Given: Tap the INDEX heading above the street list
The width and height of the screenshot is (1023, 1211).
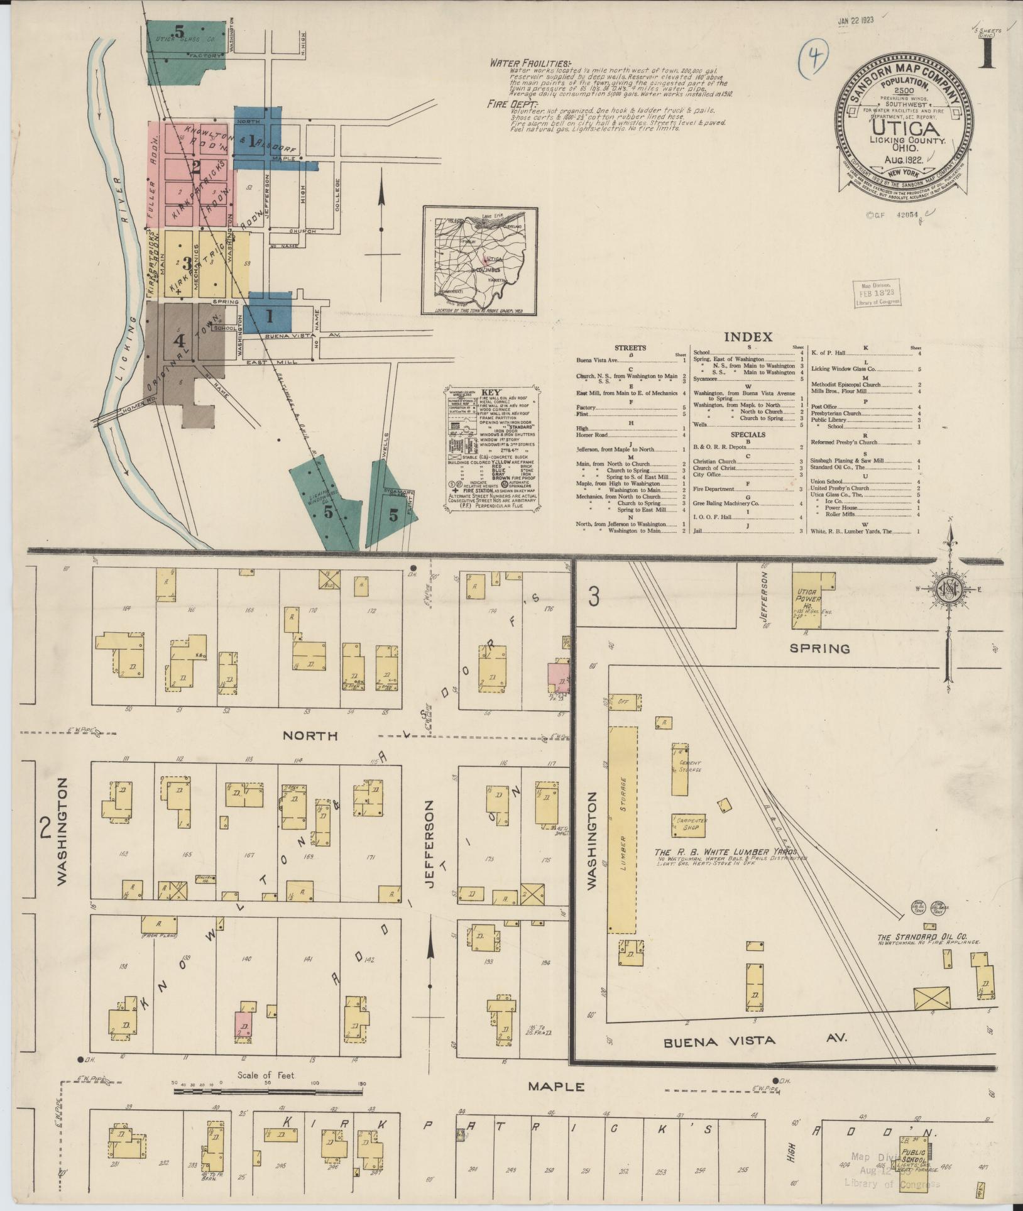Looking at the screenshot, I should click(x=748, y=337).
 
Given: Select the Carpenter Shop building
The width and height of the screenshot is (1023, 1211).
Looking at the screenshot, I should click(x=690, y=823).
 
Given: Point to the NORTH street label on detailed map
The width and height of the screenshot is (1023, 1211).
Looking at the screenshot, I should click(x=310, y=735).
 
